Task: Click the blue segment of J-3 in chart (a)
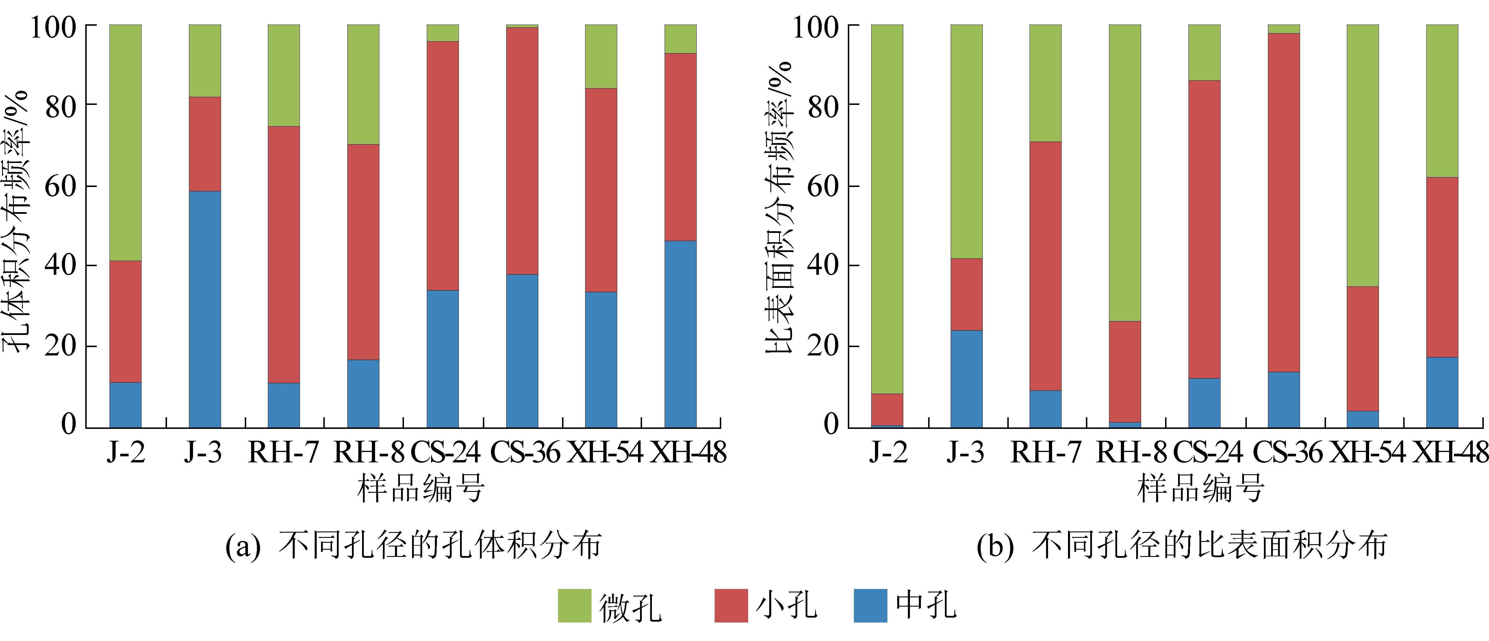[x=205, y=309]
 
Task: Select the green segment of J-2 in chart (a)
[x=125, y=142]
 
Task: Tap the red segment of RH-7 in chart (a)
[x=284, y=254]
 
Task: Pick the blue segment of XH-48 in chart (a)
[x=680, y=334]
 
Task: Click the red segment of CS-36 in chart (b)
[x=1284, y=202]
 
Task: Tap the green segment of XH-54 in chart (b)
[x=1363, y=155]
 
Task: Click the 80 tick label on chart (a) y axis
[x=61, y=106]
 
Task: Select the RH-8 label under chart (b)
[x=1131, y=452]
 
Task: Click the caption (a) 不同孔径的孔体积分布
[x=413, y=545]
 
